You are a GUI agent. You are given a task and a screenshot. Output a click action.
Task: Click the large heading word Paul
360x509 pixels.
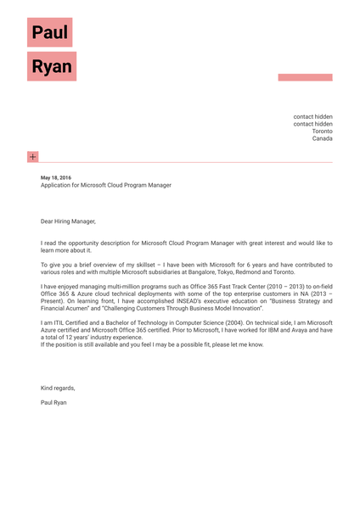pyautogui.click(x=49, y=32)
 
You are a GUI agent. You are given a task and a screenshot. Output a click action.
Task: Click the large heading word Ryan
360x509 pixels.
pyautogui.click(x=51, y=66)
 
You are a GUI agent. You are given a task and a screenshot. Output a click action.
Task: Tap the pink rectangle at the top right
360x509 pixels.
pyautogui.click(x=305, y=77)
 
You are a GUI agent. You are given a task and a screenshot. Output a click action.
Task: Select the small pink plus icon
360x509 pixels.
pyautogui.click(x=32, y=156)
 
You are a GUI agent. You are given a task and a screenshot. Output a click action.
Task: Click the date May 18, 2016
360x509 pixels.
pyautogui.click(x=56, y=177)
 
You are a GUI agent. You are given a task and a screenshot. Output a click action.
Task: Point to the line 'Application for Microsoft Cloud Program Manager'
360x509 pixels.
pyautogui.click(x=105, y=185)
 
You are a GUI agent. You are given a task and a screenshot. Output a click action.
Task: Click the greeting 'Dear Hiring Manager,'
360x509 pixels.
pyautogui.click(x=68, y=221)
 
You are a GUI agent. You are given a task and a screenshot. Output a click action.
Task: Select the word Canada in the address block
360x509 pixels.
pyautogui.click(x=323, y=138)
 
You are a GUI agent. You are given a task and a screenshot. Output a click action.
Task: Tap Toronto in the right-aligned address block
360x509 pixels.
pyautogui.click(x=323, y=131)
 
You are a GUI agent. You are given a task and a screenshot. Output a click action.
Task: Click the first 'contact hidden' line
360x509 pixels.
pyautogui.click(x=313, y=116)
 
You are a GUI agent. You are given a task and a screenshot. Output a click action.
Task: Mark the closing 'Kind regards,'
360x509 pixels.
pyautogui.click(x=58, y=388)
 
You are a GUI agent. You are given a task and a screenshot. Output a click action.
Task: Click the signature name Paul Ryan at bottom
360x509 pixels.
pyautogui.click(x=53, y=402)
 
